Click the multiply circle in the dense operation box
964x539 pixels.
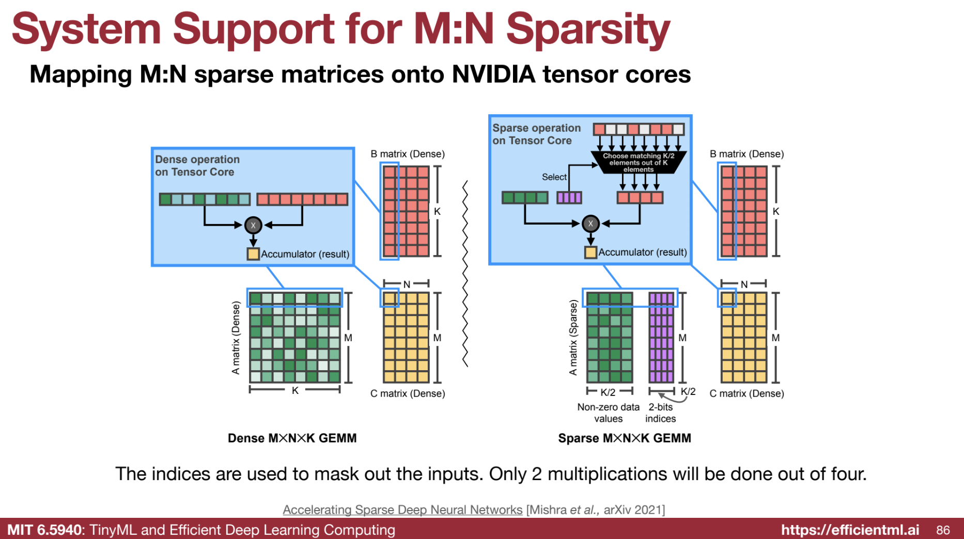[253, 225]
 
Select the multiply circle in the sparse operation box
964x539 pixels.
[590, 224]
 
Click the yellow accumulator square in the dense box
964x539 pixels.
[253, 254]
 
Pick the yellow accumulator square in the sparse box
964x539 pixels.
[590, 252]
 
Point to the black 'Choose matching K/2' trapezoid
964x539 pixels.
[639, 162]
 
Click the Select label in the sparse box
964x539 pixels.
[554, 177]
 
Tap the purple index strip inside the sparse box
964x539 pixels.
[569, 197]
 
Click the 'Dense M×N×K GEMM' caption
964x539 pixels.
[292, 438]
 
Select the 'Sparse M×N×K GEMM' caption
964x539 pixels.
[624, 438]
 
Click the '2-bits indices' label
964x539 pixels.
[660, 413]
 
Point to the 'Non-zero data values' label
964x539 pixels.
[608, 413]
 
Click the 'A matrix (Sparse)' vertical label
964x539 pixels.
[573, 338]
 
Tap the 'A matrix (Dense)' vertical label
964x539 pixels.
[236, 338]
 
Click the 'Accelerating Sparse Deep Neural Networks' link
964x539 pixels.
[402, 510]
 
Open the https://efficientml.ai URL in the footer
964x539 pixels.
[850, 530]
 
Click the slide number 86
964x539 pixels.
[943, 530]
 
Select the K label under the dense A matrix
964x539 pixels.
[295, 391]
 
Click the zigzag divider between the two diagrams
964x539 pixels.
[465, 274]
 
